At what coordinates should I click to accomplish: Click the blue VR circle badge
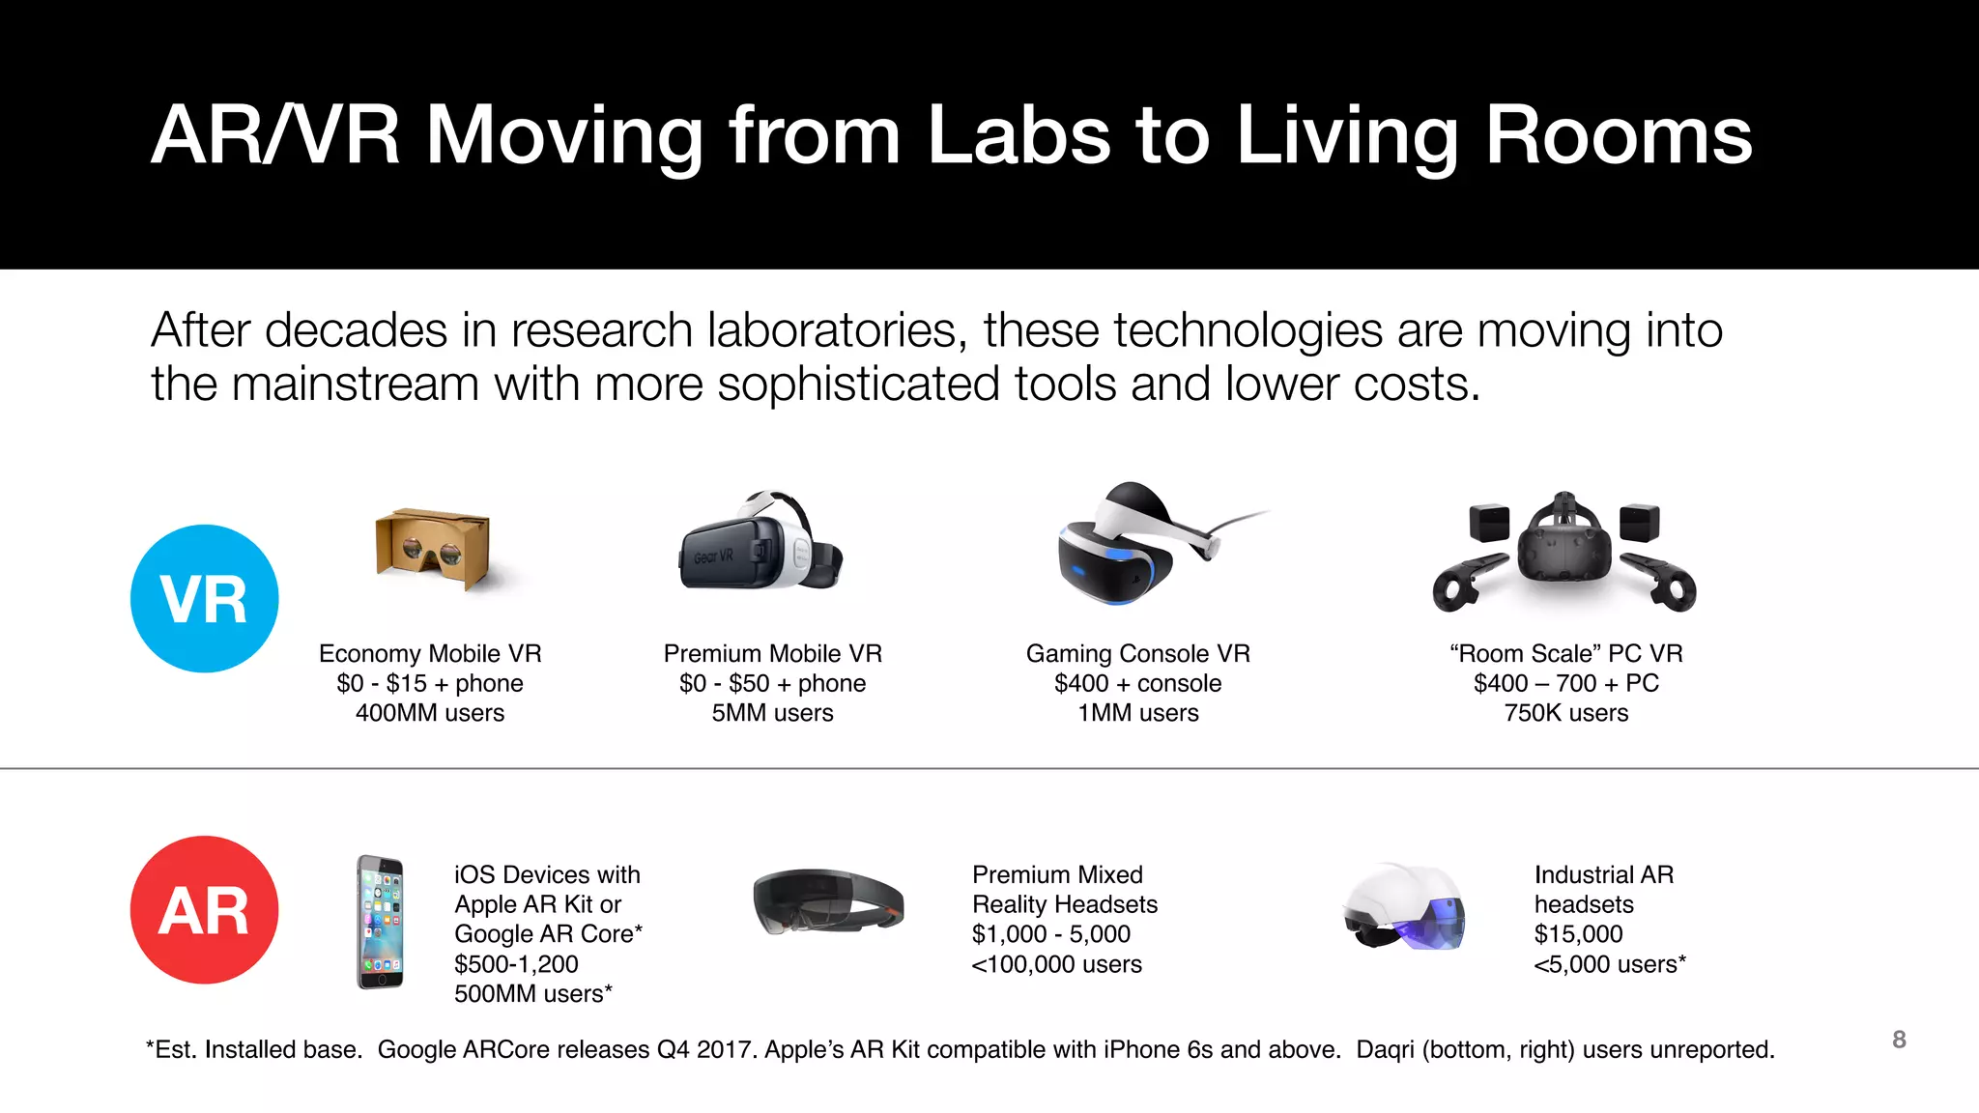click(205, 598)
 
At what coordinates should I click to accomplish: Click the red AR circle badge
click(205, 910)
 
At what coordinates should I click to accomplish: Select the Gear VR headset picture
click(760, 544)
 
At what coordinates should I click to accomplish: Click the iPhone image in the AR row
click(381, 922)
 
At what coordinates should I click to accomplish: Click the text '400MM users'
click(430, 713)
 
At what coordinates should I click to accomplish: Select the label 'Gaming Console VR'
click(1137, 654)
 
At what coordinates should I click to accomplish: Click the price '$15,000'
click(1578, 934)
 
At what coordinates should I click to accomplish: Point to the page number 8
click(1899, 1040)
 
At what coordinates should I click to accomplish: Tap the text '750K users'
click(1565, 713)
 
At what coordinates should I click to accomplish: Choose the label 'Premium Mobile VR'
click(772, 654)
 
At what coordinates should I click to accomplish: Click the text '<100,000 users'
click(1056, 964)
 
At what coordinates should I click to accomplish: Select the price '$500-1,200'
click(516, 964)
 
